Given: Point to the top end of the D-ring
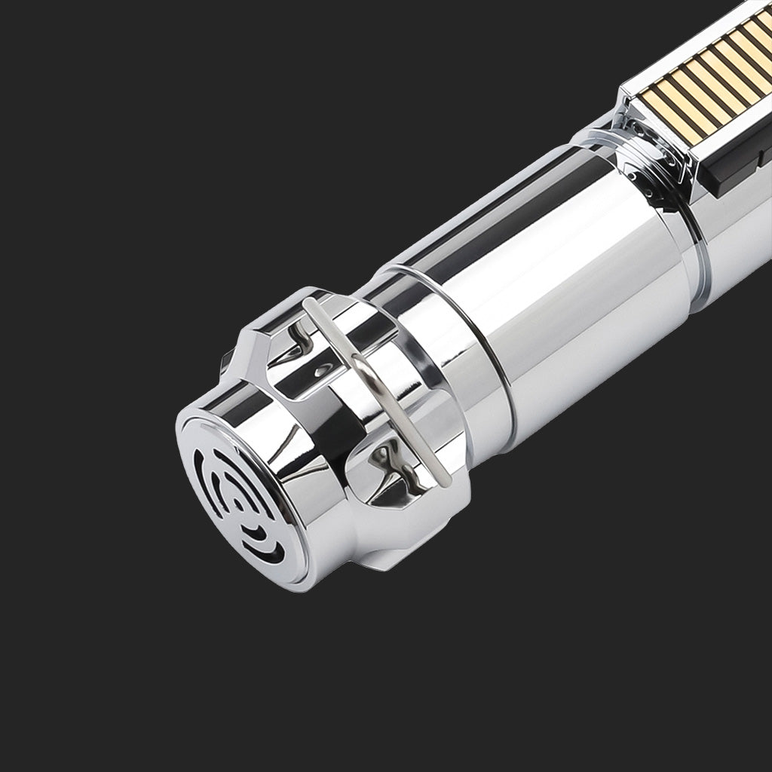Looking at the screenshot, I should [308, 302].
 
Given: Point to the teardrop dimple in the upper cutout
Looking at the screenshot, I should [323, 371].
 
